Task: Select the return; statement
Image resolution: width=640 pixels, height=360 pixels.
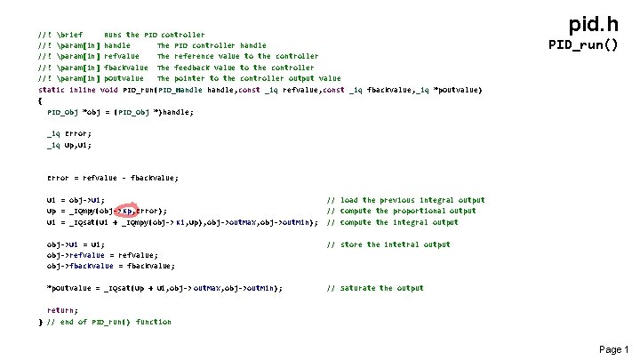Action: (62, 309)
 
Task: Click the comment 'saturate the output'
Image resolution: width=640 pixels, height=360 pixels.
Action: (383, 288)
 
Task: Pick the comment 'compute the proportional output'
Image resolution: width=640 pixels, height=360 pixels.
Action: (401, 211)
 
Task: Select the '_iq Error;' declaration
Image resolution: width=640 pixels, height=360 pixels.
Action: (68, 133)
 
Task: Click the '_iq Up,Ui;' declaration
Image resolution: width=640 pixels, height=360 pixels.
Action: (68, 144)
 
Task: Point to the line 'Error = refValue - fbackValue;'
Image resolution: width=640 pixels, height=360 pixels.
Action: (112, 178)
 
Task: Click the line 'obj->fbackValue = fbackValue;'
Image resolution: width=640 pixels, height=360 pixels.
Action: (110, 265)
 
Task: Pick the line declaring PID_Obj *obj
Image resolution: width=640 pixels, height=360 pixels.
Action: (119, 112)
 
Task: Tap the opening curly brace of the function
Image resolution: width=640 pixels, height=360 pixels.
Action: (41, 100)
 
